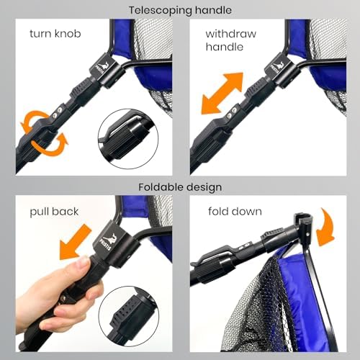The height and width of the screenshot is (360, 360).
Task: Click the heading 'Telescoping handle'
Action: pos(180,10)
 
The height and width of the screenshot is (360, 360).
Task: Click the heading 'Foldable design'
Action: pos(180,187)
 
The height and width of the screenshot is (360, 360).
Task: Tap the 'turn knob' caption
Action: pos(55,34)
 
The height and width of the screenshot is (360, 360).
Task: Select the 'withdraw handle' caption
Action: pos(230,40)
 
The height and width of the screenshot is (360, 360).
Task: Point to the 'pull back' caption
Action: pos(54,212)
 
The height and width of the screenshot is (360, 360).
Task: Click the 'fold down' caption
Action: pos(235,212)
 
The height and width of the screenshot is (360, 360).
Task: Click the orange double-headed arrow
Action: pos(222,93)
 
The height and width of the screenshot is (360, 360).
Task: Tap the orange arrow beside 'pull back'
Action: pos(76,242)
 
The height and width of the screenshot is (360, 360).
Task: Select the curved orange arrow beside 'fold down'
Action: pos(325,228)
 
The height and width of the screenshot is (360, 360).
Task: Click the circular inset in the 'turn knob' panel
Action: pos(128,139)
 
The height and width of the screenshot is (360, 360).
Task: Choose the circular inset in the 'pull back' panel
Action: pos(129,316)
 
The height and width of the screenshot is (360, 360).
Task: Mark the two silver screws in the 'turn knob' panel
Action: pos(58,112)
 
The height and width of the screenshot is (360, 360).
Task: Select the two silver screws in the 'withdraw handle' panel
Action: pos(232,113)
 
